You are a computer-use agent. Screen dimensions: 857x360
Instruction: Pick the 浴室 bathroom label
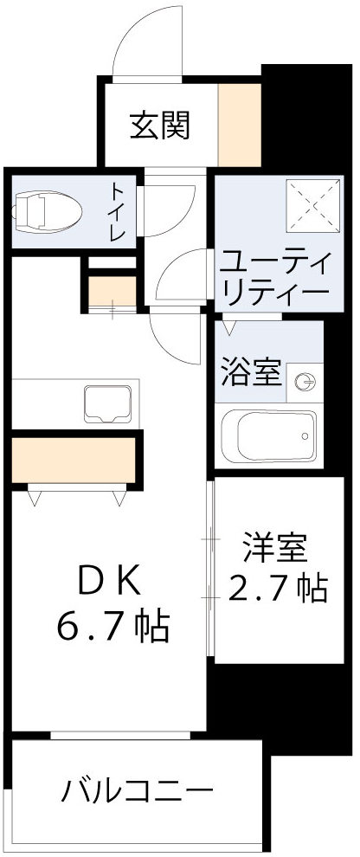(x=249, y=373)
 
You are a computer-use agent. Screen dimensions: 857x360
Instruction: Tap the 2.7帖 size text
(x=277, y=589)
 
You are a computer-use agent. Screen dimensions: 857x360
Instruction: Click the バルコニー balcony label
(x=137, y=790)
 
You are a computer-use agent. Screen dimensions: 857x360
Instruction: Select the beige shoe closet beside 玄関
(x=239, y=123)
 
